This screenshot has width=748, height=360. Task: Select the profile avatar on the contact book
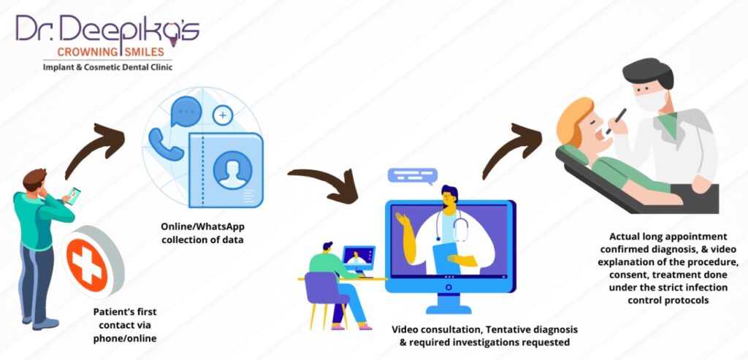[232, 170]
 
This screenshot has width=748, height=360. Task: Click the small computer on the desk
[358, 260]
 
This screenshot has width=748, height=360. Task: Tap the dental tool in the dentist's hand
[619, 116]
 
